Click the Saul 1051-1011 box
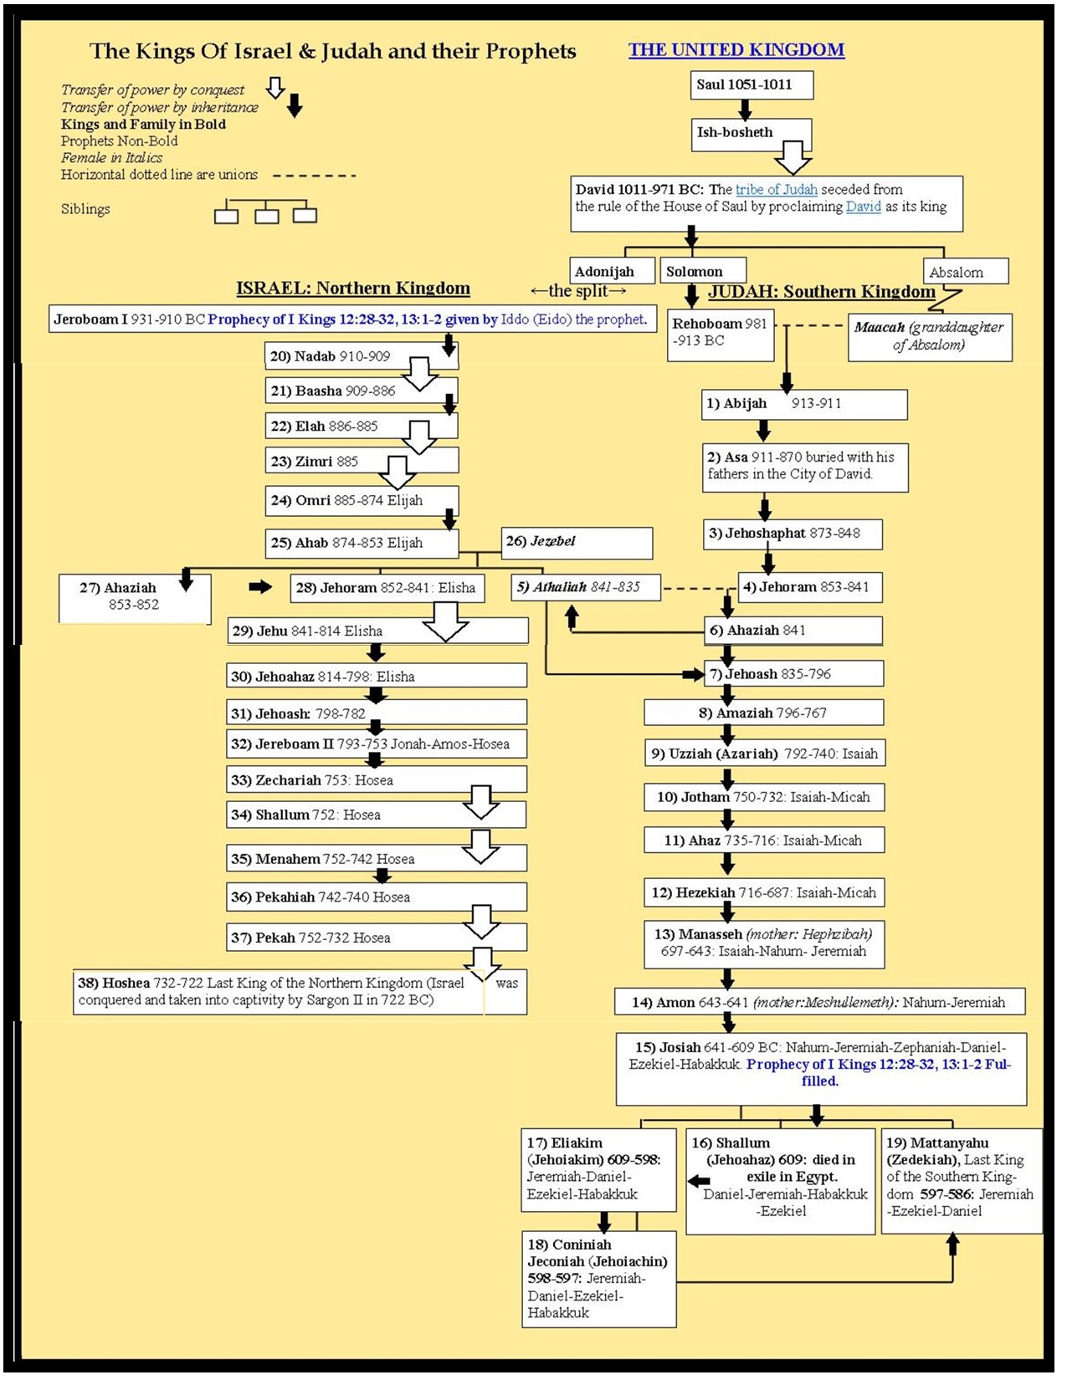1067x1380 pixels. click(751, 84)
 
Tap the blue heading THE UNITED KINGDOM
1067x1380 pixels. click(736, 50)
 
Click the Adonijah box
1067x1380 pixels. click(613, 271)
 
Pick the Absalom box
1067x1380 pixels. click(965, 272)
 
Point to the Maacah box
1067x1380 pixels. click(929, 336)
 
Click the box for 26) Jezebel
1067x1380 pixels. click(577, 542)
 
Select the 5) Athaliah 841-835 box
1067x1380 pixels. click(586, 587)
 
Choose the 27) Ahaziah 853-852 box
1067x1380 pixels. click(134, 597)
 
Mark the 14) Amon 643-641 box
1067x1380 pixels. click(819, 1002)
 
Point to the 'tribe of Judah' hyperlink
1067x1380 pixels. click(776, 190)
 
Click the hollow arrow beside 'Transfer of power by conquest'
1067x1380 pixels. click(275, 88)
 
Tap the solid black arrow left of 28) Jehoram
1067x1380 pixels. click(260, 587)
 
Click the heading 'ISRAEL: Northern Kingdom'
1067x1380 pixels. click(352, 289)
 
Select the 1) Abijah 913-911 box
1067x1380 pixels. click(804, 404)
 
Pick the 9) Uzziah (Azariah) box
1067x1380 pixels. click(764, 754)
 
